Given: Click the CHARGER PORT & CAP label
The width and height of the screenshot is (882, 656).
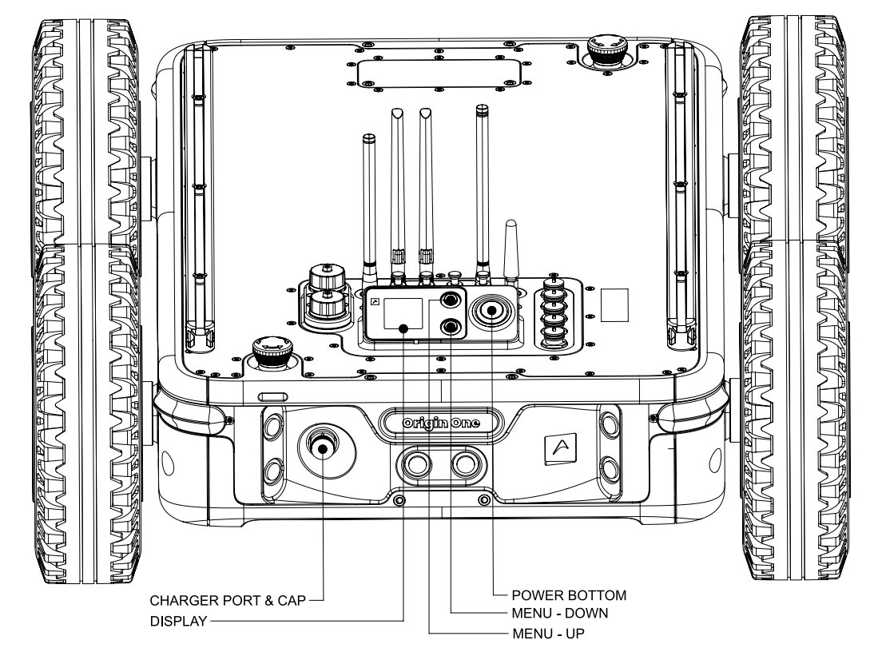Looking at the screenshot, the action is coord(228,601).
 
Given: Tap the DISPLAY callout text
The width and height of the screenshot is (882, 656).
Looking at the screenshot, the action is coord(178,622).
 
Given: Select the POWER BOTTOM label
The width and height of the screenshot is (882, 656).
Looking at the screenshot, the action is coord(569,595).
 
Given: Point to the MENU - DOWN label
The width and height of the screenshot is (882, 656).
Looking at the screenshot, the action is coord(560,613).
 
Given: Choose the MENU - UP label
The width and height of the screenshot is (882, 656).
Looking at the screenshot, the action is coord(548,634).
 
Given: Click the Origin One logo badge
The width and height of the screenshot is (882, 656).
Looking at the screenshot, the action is coord(442,423).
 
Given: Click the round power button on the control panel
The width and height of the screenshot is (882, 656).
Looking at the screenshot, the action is coord(491,310).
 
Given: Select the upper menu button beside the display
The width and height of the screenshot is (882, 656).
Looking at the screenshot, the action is coord(451,300).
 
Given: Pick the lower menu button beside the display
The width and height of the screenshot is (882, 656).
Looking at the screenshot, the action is coord(451,326).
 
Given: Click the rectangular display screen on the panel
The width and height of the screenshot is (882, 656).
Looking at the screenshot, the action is coord(403,313).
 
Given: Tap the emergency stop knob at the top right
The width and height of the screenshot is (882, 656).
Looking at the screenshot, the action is coord(606,50).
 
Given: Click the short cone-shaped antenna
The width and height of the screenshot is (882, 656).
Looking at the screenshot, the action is coord(511,252).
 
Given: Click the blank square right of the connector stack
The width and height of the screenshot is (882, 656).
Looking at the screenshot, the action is coord(614,305).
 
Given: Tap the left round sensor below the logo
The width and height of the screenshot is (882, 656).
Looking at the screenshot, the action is coord(417,464).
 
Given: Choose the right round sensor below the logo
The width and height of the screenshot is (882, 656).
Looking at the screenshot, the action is coord(465,464).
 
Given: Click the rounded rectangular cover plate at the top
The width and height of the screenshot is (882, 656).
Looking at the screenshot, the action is coord(439,74).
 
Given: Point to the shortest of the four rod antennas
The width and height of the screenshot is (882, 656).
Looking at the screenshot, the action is coord(369,209).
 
